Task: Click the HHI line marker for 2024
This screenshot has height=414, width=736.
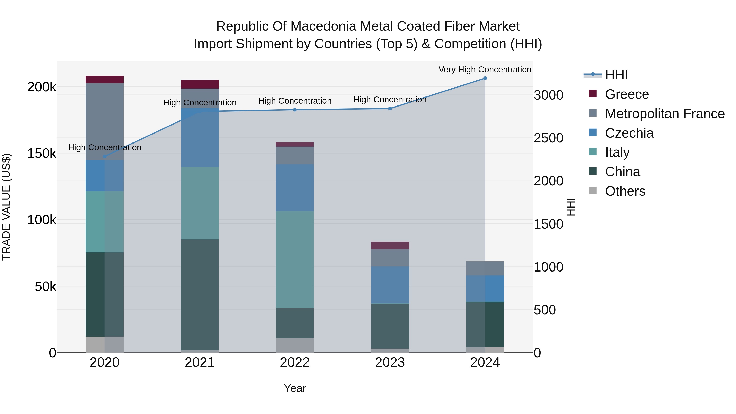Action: pos(485,78)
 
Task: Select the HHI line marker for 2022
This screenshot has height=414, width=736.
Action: pos(295,110)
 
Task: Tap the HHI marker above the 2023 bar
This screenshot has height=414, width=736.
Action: pos(390,109)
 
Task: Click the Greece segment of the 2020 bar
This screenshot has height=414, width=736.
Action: pos(104,80)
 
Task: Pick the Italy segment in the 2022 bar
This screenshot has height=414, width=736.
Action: pos(295,259)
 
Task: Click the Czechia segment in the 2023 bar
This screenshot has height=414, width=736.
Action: pos(390,285)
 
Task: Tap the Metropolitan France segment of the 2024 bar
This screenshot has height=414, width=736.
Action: pos(485,268)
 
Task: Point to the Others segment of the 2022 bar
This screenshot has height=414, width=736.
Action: pos(295,345)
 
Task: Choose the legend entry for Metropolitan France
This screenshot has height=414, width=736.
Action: pos(665,114)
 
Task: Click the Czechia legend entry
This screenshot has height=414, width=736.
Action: pos(629,133)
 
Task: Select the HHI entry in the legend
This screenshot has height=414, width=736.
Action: pos(616,75)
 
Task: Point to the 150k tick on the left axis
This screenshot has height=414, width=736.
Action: pos(42,153)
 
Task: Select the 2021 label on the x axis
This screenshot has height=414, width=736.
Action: pos(200,362)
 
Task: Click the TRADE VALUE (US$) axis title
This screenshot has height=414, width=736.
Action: pos(6,207)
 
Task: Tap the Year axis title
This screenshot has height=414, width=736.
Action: pos(295,388)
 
